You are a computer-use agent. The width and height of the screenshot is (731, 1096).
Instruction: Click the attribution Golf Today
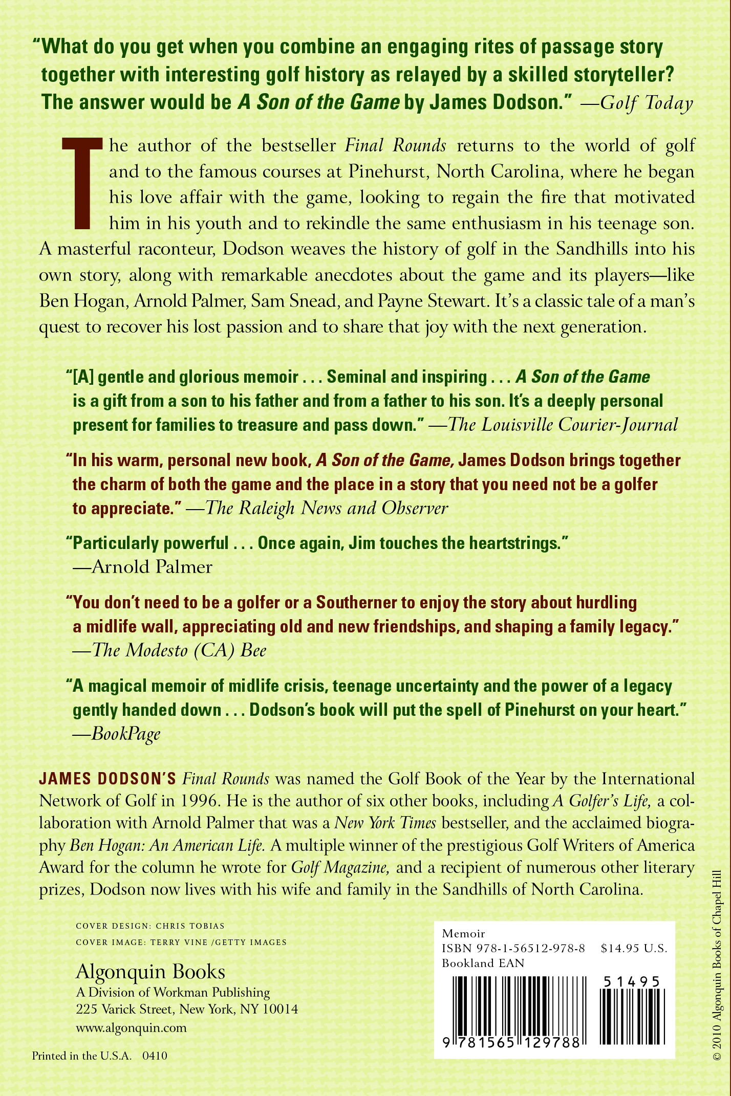(646, 103)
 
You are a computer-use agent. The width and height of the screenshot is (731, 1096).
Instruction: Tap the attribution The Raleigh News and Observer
(327, 508)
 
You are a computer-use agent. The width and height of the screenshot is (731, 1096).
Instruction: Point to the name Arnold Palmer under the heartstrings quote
(152, 567)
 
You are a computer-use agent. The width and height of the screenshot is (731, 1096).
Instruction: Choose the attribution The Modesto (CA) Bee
(179, 650)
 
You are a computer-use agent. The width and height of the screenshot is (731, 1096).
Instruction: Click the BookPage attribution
(126, 734)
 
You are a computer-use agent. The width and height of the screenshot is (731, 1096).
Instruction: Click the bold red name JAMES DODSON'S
(107, 779)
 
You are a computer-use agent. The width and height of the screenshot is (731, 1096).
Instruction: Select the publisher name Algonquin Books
(150, 972)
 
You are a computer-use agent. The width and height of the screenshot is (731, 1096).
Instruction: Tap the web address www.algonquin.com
(131, 1028)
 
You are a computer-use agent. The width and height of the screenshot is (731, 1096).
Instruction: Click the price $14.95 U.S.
(634, 948)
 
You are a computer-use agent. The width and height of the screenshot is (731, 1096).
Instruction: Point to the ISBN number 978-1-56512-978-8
(530, 948)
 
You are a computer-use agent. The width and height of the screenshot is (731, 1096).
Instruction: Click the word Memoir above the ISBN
(463, 933)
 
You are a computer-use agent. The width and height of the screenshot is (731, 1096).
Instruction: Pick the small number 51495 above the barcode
(632, 981)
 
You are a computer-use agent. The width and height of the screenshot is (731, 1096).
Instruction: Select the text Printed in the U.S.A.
(82, 1056)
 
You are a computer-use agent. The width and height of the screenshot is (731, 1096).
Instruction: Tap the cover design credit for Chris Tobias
(150, 926)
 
